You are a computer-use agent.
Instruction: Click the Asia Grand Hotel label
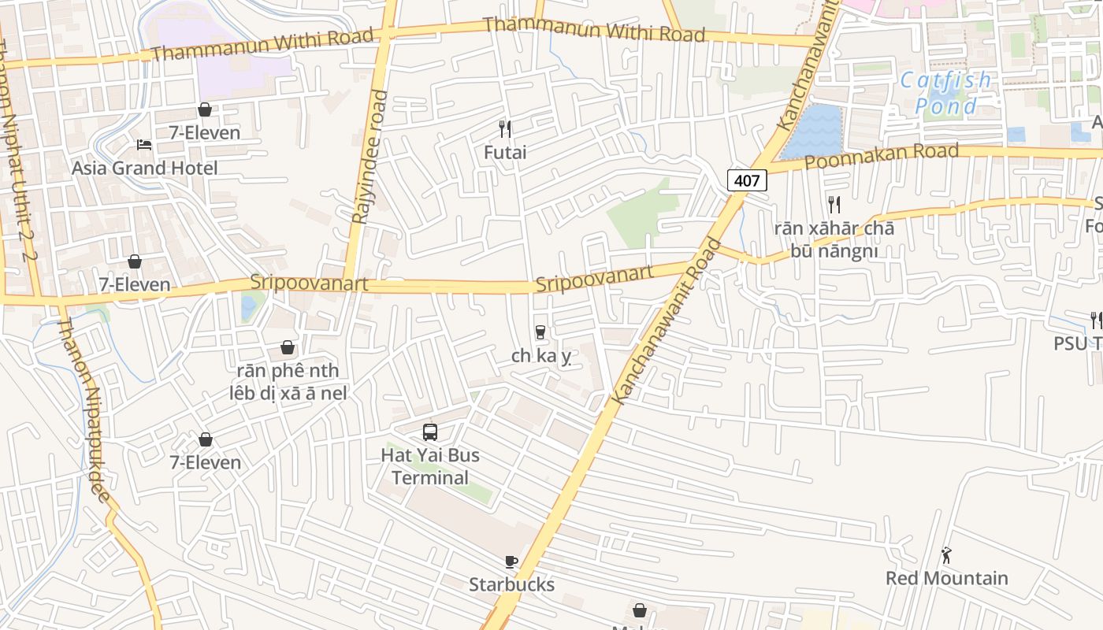pyautogui.click(x=145, y=168)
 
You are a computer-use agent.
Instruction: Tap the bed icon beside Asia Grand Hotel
pyautogui.click(x=144, y=144)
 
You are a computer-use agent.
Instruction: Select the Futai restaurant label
pyautogui.click(x=505, y=152)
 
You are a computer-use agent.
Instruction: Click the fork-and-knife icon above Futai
pyautogui.click(x=505, y=128)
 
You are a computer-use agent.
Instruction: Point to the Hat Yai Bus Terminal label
pyautogui.click(x=430, y=466)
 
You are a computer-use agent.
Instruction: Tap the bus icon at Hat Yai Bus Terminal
pyautogui.click(x=430, y=432)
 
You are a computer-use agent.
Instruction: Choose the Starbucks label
pyautogui.click(x=511, y=584)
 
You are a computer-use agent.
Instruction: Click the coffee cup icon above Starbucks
pyautogui.click(x=511, y=561)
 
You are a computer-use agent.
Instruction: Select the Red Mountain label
pyautogui.click(x=946, y=578)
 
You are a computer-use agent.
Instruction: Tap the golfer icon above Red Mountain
pyautogui.click(x=946, y=555)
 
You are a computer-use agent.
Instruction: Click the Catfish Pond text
pyautogui.click(x=946, y=93)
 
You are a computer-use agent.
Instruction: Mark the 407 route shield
pyautogui.click(x=746, y=180)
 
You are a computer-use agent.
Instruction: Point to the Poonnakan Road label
pyautogui.click(x=882, y=157)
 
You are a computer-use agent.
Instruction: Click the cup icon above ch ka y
pyautogui.click(x=540, y=332)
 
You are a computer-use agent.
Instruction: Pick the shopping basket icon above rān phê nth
pyautogui.click(x=288, y=347)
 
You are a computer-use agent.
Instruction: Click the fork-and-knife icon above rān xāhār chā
pyautogui.click(x=834, y=205)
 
